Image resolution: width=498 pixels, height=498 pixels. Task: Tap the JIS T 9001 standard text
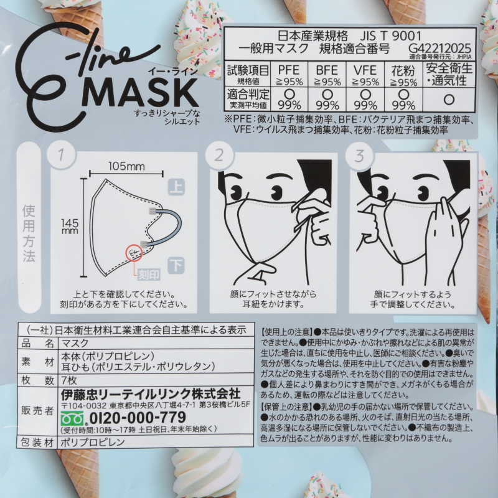(x=391, y=36)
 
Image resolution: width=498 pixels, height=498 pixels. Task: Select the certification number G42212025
(x=439, y=49)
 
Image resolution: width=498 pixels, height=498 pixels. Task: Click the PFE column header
(x=289, y=70)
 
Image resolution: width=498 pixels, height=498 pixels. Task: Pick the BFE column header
(x=327, y=70)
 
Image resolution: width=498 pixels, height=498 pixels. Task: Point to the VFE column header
(x=365, y=70)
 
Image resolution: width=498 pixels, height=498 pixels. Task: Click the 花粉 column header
(x=403, y=70)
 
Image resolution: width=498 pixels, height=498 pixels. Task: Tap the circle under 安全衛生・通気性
(x=449, y=100)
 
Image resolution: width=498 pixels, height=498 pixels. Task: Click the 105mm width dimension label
(x=126, y=166)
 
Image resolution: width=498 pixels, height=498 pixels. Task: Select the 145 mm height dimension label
(x=70, y=226)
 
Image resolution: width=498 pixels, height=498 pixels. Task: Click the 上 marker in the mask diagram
(x=176, y=187)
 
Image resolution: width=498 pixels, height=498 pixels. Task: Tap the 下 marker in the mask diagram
(x=176, y=265)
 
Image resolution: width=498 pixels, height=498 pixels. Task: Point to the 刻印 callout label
(x=149, y=275)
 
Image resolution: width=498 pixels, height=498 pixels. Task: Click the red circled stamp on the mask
(x=134, y=253)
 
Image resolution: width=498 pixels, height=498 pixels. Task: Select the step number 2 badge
(x=219, y=155)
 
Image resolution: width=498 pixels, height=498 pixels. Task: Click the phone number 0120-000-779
(x=138, y=418)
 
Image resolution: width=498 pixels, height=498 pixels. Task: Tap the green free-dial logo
(x=73, y=418)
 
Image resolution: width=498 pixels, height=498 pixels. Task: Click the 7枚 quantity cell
(x=68, y=380)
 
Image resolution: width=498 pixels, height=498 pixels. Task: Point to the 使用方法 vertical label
(x=29, y=233)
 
